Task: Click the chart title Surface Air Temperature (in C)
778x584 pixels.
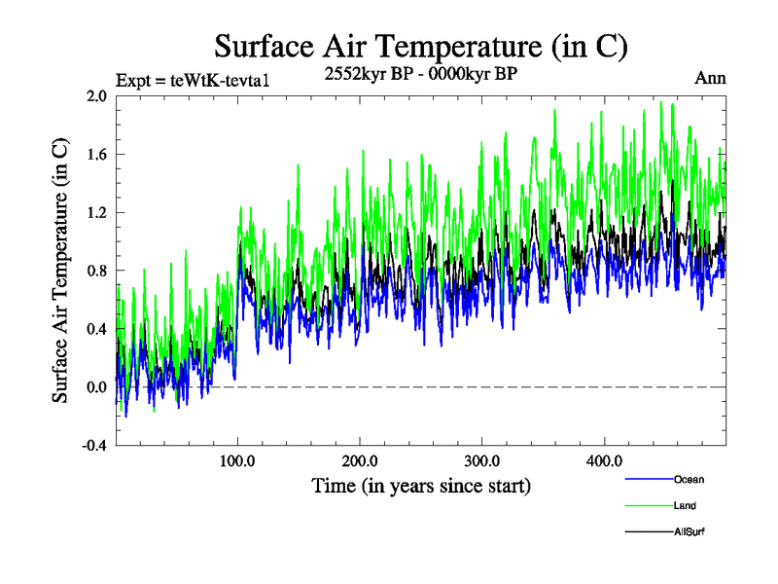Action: tap(420, 46)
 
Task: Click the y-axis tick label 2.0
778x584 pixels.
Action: tap(95, 96)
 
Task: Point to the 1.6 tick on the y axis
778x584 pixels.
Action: tap(95, 154)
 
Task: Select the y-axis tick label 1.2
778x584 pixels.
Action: tap(95, 212)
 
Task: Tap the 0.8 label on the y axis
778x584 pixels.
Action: tap(95, 271)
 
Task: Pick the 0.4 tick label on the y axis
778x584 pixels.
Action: tap(95, 329)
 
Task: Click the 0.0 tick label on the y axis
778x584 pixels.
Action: tap(95, 387)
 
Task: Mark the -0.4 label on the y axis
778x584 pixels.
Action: tap(93, 446)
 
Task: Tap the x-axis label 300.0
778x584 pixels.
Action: tap(483, 461)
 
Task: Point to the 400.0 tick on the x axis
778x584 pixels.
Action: tap(605, 461)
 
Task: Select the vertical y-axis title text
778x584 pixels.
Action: tap(60, 271)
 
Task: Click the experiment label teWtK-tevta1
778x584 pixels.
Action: tap(192, 80)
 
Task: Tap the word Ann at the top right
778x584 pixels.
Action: tap(710, 78)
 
